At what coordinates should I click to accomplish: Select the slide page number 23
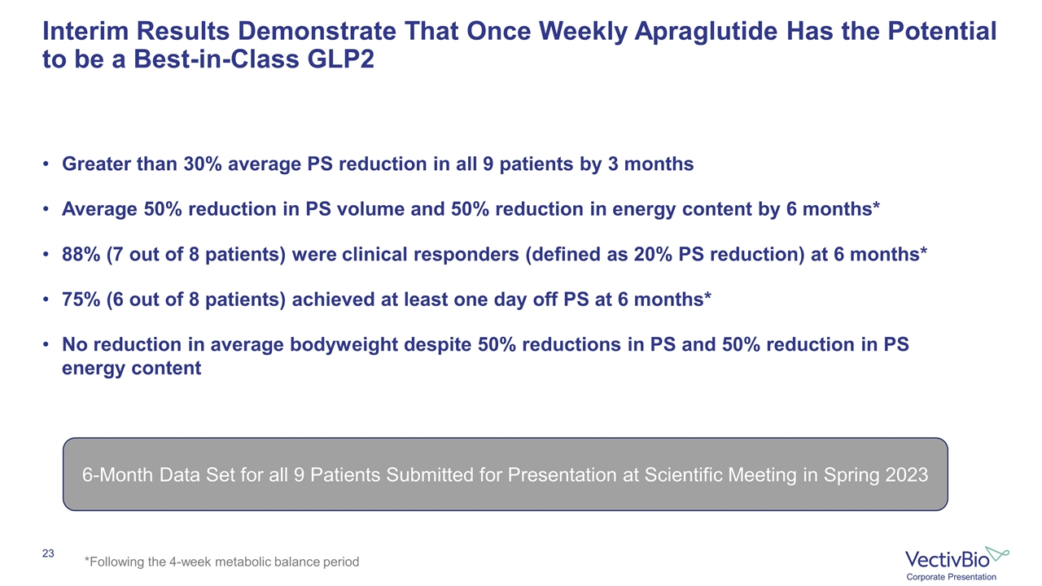click(x=48, y=553)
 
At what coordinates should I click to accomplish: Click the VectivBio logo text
click(x=947, y=559)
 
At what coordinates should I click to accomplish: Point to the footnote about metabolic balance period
click(x=221, y=562)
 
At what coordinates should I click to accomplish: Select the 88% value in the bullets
click(x=81, y=255)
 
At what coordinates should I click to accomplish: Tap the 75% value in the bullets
click(x=81, y=300)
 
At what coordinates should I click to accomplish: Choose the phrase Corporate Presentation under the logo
click(x=951, y=577)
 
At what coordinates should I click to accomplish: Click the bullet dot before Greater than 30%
click(x=46, y=164)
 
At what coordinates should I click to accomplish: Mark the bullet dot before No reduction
click(x=46, y=344)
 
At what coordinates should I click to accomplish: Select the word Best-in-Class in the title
click(x=217, y=59)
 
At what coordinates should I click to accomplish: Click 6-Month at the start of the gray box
click(x=117, y=474)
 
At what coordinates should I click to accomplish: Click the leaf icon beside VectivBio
click(x=996, y=553)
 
